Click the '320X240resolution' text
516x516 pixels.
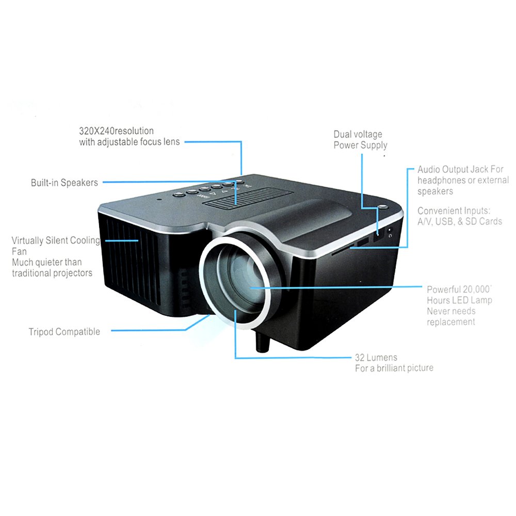click(116, 131)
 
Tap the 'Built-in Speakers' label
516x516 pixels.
click(64, 183)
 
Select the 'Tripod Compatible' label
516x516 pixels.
click(64, 332)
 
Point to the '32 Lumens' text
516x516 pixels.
click(376, 358)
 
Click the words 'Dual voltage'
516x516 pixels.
click(358, 134)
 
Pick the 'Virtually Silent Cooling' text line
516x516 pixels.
click(56, 240)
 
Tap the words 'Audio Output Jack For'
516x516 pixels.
click(460, 169)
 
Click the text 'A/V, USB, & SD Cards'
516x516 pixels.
click(460, 221)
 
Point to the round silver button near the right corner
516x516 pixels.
click(382, 207)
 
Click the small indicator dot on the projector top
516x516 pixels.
click(159, 199)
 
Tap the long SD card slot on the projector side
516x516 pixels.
click(343, 249)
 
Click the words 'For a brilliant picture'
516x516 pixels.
click(394, 368)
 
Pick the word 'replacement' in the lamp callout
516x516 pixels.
click(451, 322)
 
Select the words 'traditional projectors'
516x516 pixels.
click(52, 273)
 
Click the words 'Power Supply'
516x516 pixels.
click(360, 146)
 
